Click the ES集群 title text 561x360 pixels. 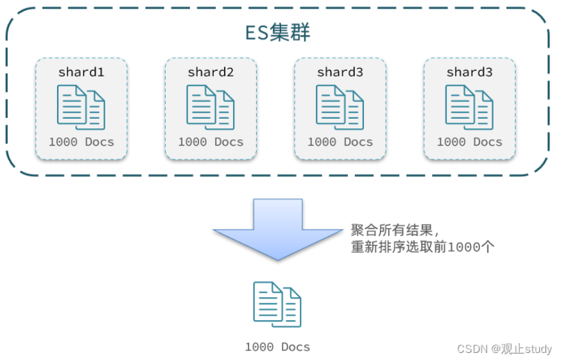[278, 33]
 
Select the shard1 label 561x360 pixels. [81, 73]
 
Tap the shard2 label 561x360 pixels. [211, 73]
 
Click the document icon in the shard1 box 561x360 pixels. [81, 107]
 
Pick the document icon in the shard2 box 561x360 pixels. [211, 107]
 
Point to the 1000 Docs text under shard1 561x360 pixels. [81, 142]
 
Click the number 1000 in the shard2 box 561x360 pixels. [193, 142]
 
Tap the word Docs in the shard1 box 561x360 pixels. [99, 142]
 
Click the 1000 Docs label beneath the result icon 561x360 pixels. [277, 347]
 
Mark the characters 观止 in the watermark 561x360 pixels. [512, 348]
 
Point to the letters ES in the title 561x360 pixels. [257, 33]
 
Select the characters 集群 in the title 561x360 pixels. [290, 33]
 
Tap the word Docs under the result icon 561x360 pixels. [295, 347]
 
